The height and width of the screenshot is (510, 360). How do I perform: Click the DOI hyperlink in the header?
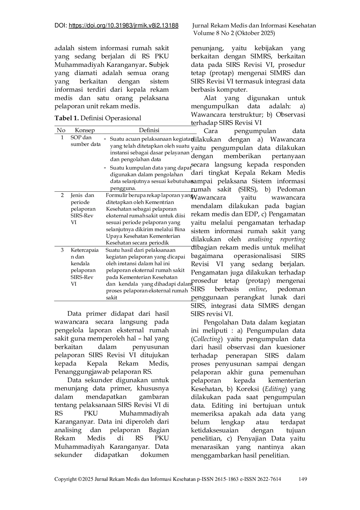[124, 26]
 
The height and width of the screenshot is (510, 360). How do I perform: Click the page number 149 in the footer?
[303, 479]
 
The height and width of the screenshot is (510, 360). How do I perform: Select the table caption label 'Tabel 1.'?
[67, 118]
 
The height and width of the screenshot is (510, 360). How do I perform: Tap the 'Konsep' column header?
[85, 130]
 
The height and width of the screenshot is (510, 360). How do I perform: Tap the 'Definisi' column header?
[149, 130]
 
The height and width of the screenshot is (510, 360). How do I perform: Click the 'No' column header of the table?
[61, 130]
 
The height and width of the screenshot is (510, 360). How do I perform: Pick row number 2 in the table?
[62, 195]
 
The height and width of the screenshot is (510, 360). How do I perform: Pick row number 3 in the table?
[62, 250]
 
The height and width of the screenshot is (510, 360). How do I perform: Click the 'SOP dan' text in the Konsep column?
[81, 137]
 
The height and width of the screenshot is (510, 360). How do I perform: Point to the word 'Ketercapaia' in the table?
[85, 250]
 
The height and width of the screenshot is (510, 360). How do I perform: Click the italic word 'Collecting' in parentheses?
[207, 339]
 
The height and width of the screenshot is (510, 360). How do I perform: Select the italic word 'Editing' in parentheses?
[275, 389]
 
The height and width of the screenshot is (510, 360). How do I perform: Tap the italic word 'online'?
[257, 289]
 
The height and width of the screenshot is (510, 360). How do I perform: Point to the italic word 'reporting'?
[293, 239]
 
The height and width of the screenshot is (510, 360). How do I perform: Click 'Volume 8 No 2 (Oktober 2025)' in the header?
[234, 33]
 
